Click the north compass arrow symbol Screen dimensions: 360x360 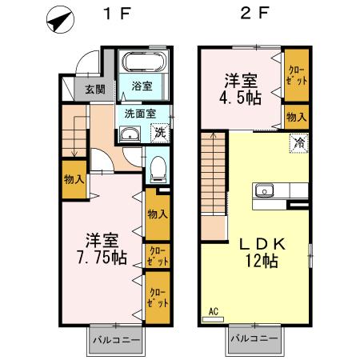click(58, 22)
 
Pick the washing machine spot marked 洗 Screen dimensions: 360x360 click(159, 132)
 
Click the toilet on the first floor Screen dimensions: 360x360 click(158, 169)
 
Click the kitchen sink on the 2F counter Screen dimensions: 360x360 click(265, 192)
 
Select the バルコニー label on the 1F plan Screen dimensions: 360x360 click(114, 338)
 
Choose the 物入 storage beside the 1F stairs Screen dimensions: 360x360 click(74, 179)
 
